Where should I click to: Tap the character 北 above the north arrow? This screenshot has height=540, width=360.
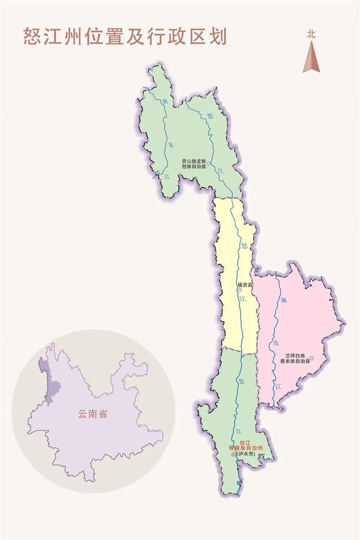click(x=311, y=34)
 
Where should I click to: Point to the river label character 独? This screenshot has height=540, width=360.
click(x=164, y=101)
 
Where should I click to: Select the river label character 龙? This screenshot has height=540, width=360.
click(x=170, y=145)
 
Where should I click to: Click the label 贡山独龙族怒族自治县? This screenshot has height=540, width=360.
click(x=193, y=163)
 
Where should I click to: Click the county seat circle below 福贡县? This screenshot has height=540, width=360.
click(x=239, y=290)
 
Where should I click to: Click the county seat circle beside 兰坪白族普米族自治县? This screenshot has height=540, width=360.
click(x=311, y=358)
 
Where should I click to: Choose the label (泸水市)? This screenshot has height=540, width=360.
click(x=246, y=454)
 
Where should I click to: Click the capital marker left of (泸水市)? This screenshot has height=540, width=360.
click(x=233, y=455)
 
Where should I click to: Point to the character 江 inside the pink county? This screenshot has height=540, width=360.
click(x=279, y=386)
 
